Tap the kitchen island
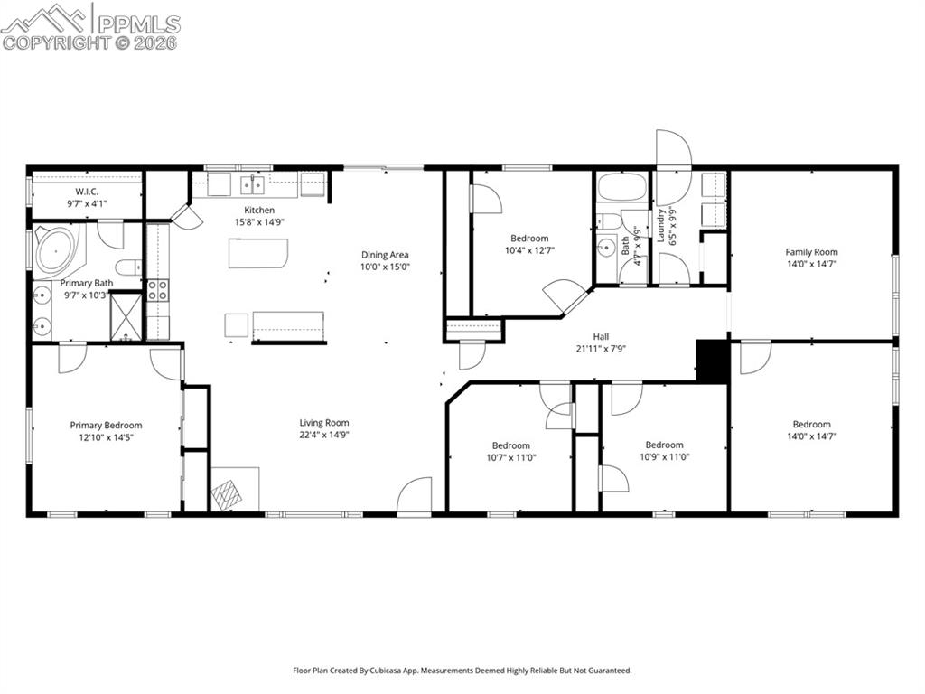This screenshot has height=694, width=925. click(258, 253)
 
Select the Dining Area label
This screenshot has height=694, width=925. click(386, 255)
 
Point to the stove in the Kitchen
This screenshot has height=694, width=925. click(157, 290)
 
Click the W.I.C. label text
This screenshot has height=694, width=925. click(87, 192)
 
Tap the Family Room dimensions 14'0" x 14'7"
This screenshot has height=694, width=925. click(811, 265)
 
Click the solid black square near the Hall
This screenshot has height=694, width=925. click(713, 361)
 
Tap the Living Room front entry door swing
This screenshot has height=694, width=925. click(416, 495)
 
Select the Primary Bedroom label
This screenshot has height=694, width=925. click(106, 426)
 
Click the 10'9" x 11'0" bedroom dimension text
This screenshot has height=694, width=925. click(664, 457)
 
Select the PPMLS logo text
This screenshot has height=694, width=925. click(137, 23)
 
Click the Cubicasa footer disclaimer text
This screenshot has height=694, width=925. click(462, 671)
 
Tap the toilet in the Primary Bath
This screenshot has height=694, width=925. click(129, 266)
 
